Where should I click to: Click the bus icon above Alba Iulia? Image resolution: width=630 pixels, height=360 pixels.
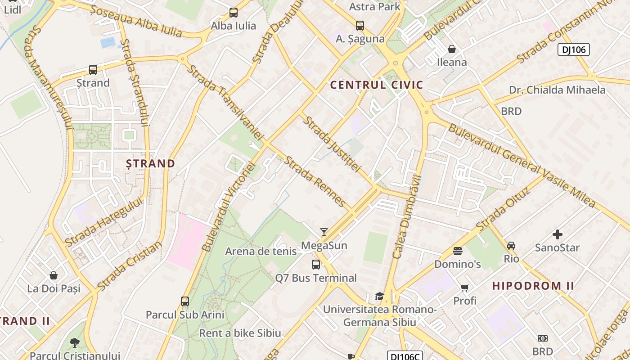click(233, 13)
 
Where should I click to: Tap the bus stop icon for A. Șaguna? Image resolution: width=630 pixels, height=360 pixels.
click(360, 26)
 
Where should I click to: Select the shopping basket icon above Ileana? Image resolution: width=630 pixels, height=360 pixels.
click(451, 49)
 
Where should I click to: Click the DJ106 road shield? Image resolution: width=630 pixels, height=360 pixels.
click(573, 49)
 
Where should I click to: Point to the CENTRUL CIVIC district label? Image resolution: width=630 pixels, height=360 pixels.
click(377, 85)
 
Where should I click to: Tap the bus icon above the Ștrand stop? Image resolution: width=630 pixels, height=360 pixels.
click(93, 70)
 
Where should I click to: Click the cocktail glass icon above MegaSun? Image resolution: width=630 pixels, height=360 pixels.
click(324, 232)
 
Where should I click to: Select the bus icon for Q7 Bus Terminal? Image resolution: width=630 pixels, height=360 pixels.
click(316, 265)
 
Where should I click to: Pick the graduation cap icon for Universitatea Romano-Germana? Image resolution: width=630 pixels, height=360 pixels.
click(379, 296)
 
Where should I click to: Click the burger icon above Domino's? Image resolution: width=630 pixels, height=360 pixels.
click(458, 251)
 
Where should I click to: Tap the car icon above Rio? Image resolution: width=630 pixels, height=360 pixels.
click(511, 246)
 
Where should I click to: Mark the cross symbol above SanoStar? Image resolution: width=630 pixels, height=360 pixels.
click(557, 234)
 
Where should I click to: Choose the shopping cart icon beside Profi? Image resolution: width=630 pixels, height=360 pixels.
click(464, 288)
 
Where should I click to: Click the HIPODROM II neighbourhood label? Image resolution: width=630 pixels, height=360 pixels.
click(533, 286)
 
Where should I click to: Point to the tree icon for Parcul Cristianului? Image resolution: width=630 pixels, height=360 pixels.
click(75, 343)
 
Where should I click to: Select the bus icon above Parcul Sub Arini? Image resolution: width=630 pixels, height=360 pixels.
click(184, 301)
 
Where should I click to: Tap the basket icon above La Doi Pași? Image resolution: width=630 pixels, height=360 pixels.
click(54, 275)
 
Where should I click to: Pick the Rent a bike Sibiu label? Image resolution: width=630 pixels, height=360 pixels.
click(240, 333)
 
